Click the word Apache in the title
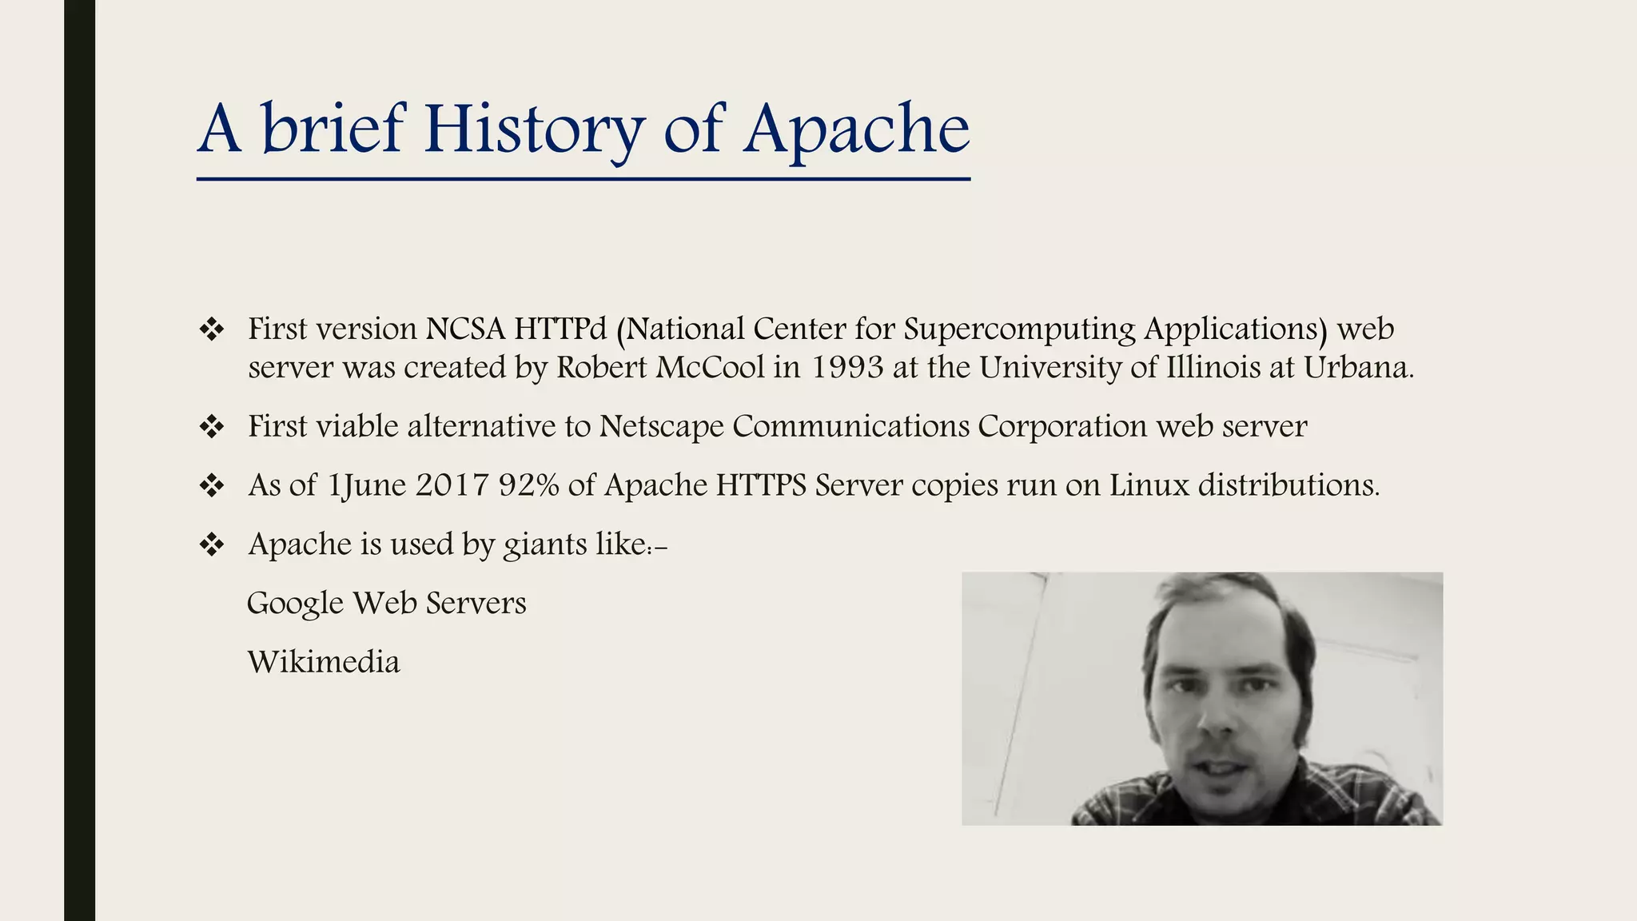[x=856, y=130]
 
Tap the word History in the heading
[x=533, y=130]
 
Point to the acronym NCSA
[x=465, y=329]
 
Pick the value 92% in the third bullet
[x=528, y=484]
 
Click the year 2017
[x=452, y=484]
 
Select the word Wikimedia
[x=324, y=662]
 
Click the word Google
[x=295, y=604]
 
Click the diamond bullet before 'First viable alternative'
[x=212, y=426]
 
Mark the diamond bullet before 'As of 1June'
[x=212, y=485]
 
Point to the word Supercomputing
[x=1019, y=329]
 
